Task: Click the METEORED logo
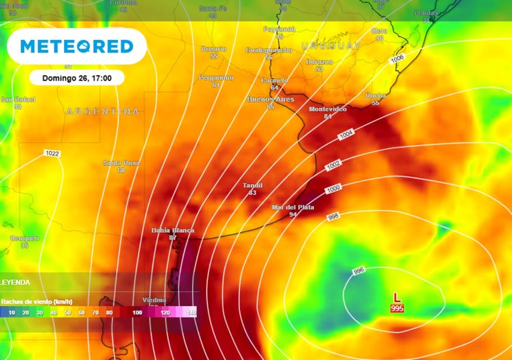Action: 76,46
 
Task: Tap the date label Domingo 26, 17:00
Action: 77,78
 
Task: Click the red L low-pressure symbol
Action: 397,297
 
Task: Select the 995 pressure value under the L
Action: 397,308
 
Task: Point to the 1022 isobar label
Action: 52,153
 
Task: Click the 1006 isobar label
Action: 397,59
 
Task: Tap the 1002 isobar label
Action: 333,165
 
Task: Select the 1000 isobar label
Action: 333,190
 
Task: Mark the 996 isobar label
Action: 359,271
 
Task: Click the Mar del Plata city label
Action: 293,207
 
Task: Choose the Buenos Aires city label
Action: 270,99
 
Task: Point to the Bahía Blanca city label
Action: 173,230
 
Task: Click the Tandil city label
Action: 252,185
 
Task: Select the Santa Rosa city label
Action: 121,163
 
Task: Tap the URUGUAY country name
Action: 331,45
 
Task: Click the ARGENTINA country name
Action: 103,111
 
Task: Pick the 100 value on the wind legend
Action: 137,311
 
